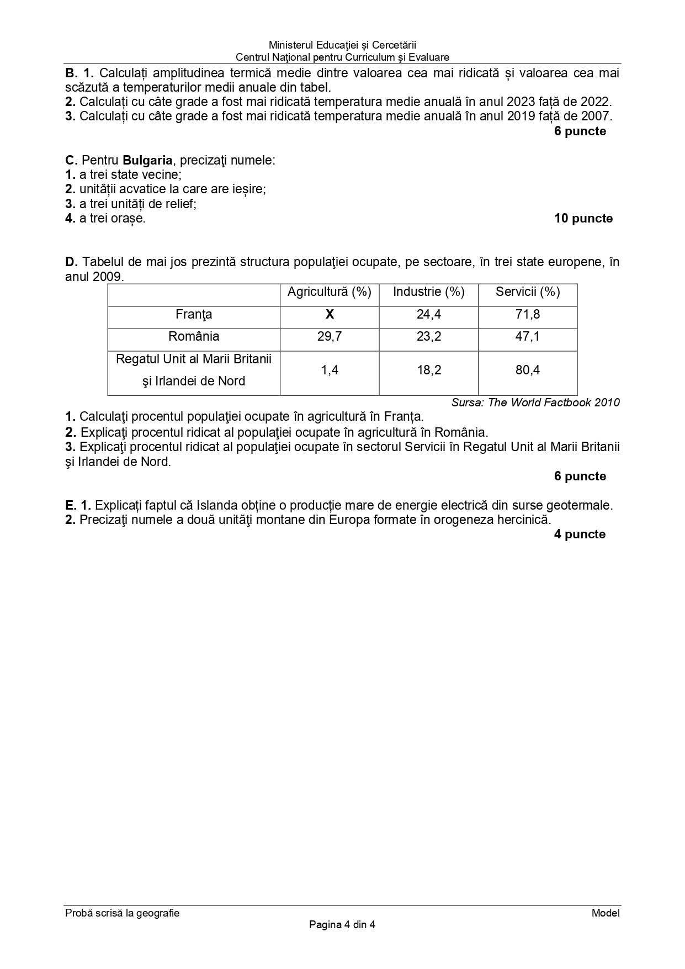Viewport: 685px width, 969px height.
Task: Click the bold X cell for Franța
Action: pyautogui.click(x=330, y=315)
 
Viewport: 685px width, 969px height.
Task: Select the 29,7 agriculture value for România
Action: pyautogui.click(x=330, y=337)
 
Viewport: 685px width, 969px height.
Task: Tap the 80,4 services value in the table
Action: pyautogui.click(x=528, y=370)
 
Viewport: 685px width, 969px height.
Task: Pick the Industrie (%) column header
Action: pyautogui.click(x=428, y=292)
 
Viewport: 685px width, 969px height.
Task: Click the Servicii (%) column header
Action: pyautogui.click(x=528, y=292)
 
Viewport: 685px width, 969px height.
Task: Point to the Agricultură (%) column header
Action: pyautogui.click(x=330, y=292)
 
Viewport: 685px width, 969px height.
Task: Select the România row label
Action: pyautogui.click(x=194, y=337)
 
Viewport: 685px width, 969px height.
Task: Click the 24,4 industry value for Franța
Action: pyautogui.click(x=428, y=315)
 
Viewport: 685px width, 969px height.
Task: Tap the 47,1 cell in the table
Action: pyautogui.click(x=528, y=337)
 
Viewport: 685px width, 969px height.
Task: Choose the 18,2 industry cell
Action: pyautogui.click(x=428, y=370)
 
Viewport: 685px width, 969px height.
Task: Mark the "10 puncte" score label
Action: pyautogui.click(x=583, y=219)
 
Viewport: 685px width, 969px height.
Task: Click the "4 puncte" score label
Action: pyautogui.click(x=580, y=534)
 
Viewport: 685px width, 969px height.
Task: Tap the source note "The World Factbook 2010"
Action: pyautogui.click(x=554, y=403)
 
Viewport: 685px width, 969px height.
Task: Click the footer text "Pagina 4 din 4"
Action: pyautogui.click(x=342, y=925)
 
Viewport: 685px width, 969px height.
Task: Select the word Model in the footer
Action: pyautogui.click(x=606, y=913)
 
